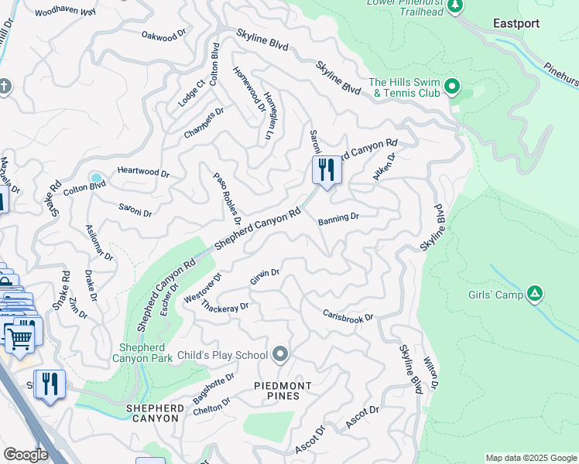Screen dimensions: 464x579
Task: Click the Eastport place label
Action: tap(516, 23)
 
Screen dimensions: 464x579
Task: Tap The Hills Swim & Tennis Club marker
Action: tap(454, 85)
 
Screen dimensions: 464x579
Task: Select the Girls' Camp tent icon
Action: tap(534, 293)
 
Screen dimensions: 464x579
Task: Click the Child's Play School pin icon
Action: tap(280, 355)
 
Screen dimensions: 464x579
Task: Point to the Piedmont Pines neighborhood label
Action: tap(283, 391)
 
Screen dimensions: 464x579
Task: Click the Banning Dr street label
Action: tap(338, 218)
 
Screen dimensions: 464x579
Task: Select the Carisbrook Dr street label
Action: tap(348, 316)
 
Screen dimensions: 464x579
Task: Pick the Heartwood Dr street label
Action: tap(143, 172)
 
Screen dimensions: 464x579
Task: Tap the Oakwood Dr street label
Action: tap(166, 36)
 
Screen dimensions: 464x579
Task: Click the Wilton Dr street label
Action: tap(431, 373)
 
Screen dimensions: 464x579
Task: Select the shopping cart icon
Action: tap(19, 336)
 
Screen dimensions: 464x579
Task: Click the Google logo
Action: tap(26, 454)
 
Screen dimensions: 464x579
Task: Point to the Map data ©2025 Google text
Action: tap(530, 458)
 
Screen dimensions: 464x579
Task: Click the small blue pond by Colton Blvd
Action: tap(96, 179)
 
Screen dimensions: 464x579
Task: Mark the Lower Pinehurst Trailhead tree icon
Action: tap(456, 6)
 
